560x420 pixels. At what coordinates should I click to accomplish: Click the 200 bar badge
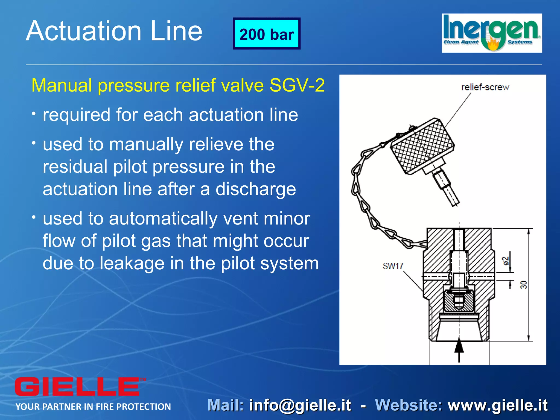pyautogui.click(x=267, y=34)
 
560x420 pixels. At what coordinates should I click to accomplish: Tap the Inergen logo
pyautogui.click(x=492, y=33)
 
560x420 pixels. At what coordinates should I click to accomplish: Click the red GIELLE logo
pyautogui.click(x=78, y=386)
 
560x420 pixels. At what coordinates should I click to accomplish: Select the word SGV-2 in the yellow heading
pyautogui.click(x=297, y=85)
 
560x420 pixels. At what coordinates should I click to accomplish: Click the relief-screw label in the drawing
pyautogui.click(x=485, y=87)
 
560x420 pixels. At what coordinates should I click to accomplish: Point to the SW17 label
pyautogui.click(x=393, y=266)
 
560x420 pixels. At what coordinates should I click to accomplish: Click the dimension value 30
pyautogui.click(x=523, y=285)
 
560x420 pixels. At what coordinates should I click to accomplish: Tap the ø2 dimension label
pyautogui.click(x=506, y=261)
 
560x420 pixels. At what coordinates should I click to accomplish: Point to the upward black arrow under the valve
pyautogui.click(x=459, y=349)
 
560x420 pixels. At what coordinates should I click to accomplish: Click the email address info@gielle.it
pyautogui.click(x=300, y=405)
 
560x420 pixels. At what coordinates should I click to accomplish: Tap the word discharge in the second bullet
pyautogui.click(x=256, y=189)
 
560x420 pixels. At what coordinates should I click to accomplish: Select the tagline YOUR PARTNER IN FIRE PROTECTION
pyautogui.click(x=93, y=407)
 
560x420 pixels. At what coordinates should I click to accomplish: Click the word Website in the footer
pyautogui.click(x=409, y=405)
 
